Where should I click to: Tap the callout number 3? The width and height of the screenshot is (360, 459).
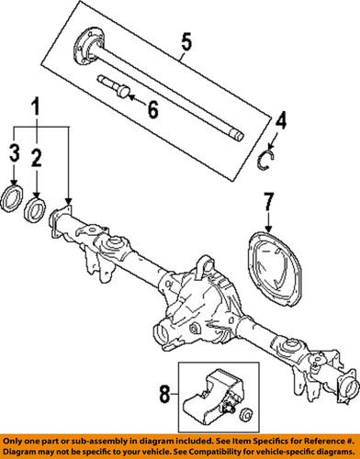pyautogui.click(x=14, y=153)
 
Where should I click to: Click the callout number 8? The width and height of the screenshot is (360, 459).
pyautogui.click(x=164, y=395)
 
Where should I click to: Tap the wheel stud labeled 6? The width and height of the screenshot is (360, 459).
pyautogui.click(x=112, y=89)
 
